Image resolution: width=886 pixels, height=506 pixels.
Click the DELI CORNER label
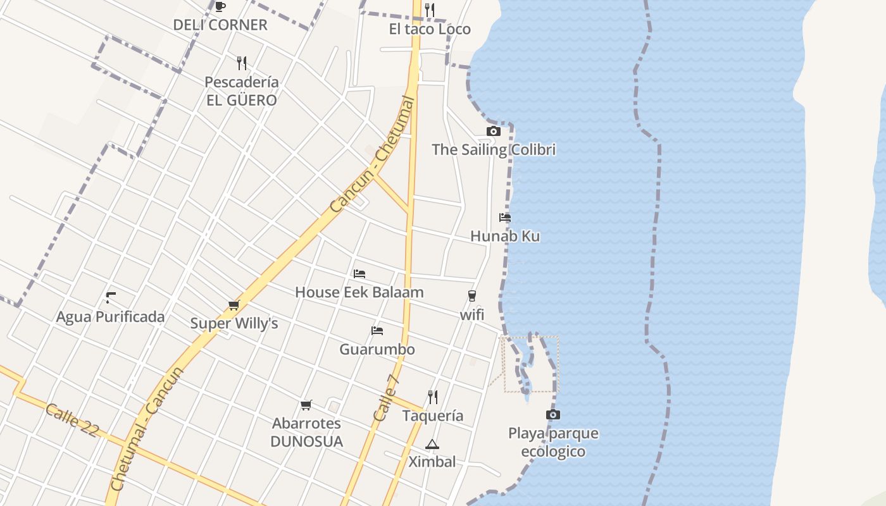(220, 25)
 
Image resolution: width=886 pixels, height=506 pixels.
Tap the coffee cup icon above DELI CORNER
(220, 6)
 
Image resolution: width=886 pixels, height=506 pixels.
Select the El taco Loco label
(430, 29)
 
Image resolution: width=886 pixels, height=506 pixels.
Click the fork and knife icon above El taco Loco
(430, 9)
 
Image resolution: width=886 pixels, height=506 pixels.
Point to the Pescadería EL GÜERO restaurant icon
(241, 63)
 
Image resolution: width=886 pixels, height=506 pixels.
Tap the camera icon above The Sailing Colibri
(493, 131)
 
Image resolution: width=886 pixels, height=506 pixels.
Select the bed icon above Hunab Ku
(504, 217)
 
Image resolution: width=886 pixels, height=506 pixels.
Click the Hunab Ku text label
(504, 237)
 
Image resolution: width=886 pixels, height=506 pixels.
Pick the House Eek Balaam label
(359, 292)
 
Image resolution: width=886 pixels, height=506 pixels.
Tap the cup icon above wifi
(471, 295)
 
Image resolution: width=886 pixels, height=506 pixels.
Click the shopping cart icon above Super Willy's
(234, 305)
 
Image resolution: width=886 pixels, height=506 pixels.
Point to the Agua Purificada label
(110, 317)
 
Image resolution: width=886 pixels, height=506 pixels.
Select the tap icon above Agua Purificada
(111, 297)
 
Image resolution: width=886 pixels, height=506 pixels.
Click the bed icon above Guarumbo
(377, 330)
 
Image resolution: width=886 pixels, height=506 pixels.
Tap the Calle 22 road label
(72, 420)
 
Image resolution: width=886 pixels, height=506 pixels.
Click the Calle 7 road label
(386, 398)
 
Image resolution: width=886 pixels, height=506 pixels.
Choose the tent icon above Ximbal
(432, 444)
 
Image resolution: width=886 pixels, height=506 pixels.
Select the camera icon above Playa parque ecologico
(552, 415)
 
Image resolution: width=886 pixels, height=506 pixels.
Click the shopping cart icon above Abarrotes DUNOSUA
(306, 405)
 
